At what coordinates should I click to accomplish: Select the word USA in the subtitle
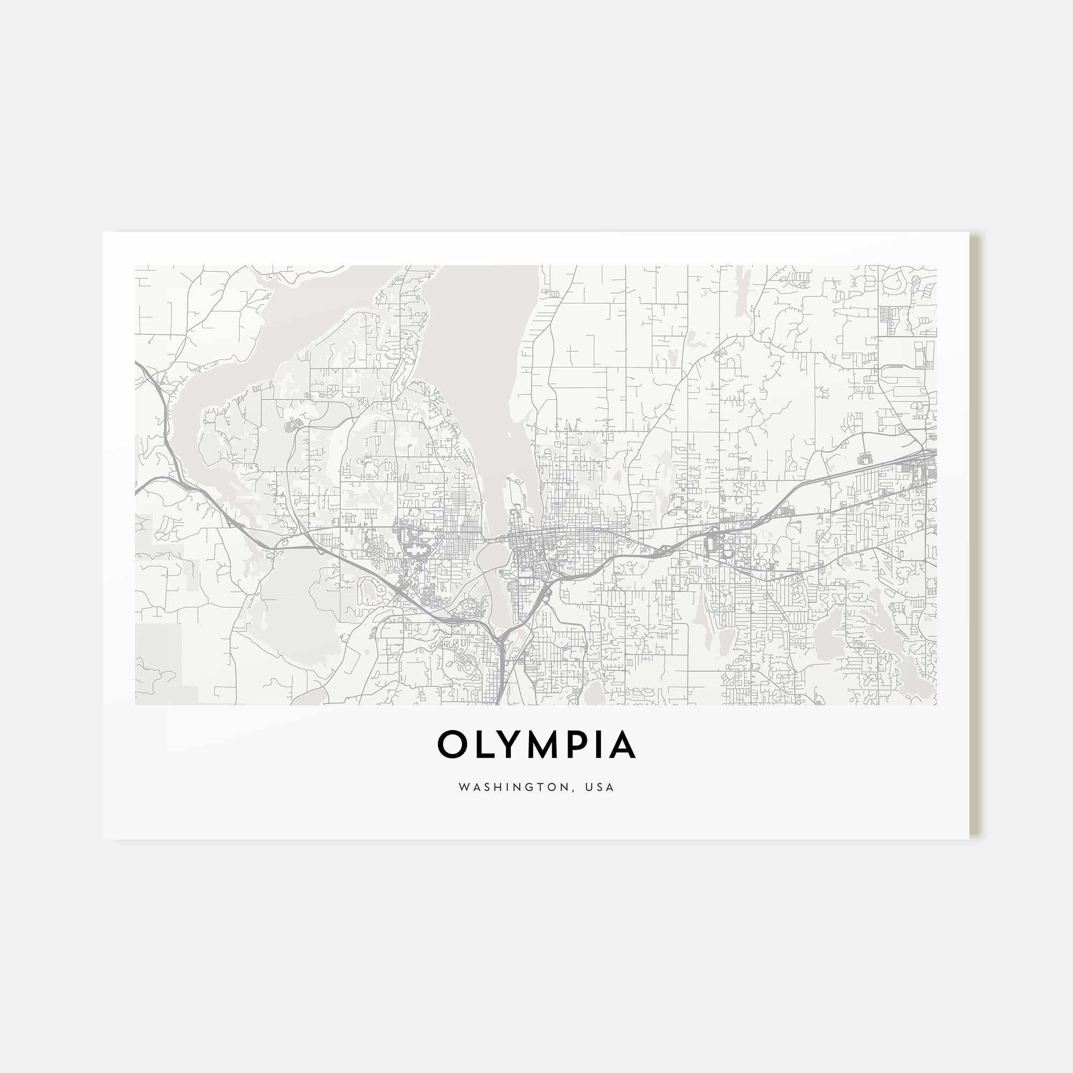tap(602, 787)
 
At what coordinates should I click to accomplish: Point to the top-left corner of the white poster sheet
tap(104, 233)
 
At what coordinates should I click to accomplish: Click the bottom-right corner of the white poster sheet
tap(968, 839)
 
